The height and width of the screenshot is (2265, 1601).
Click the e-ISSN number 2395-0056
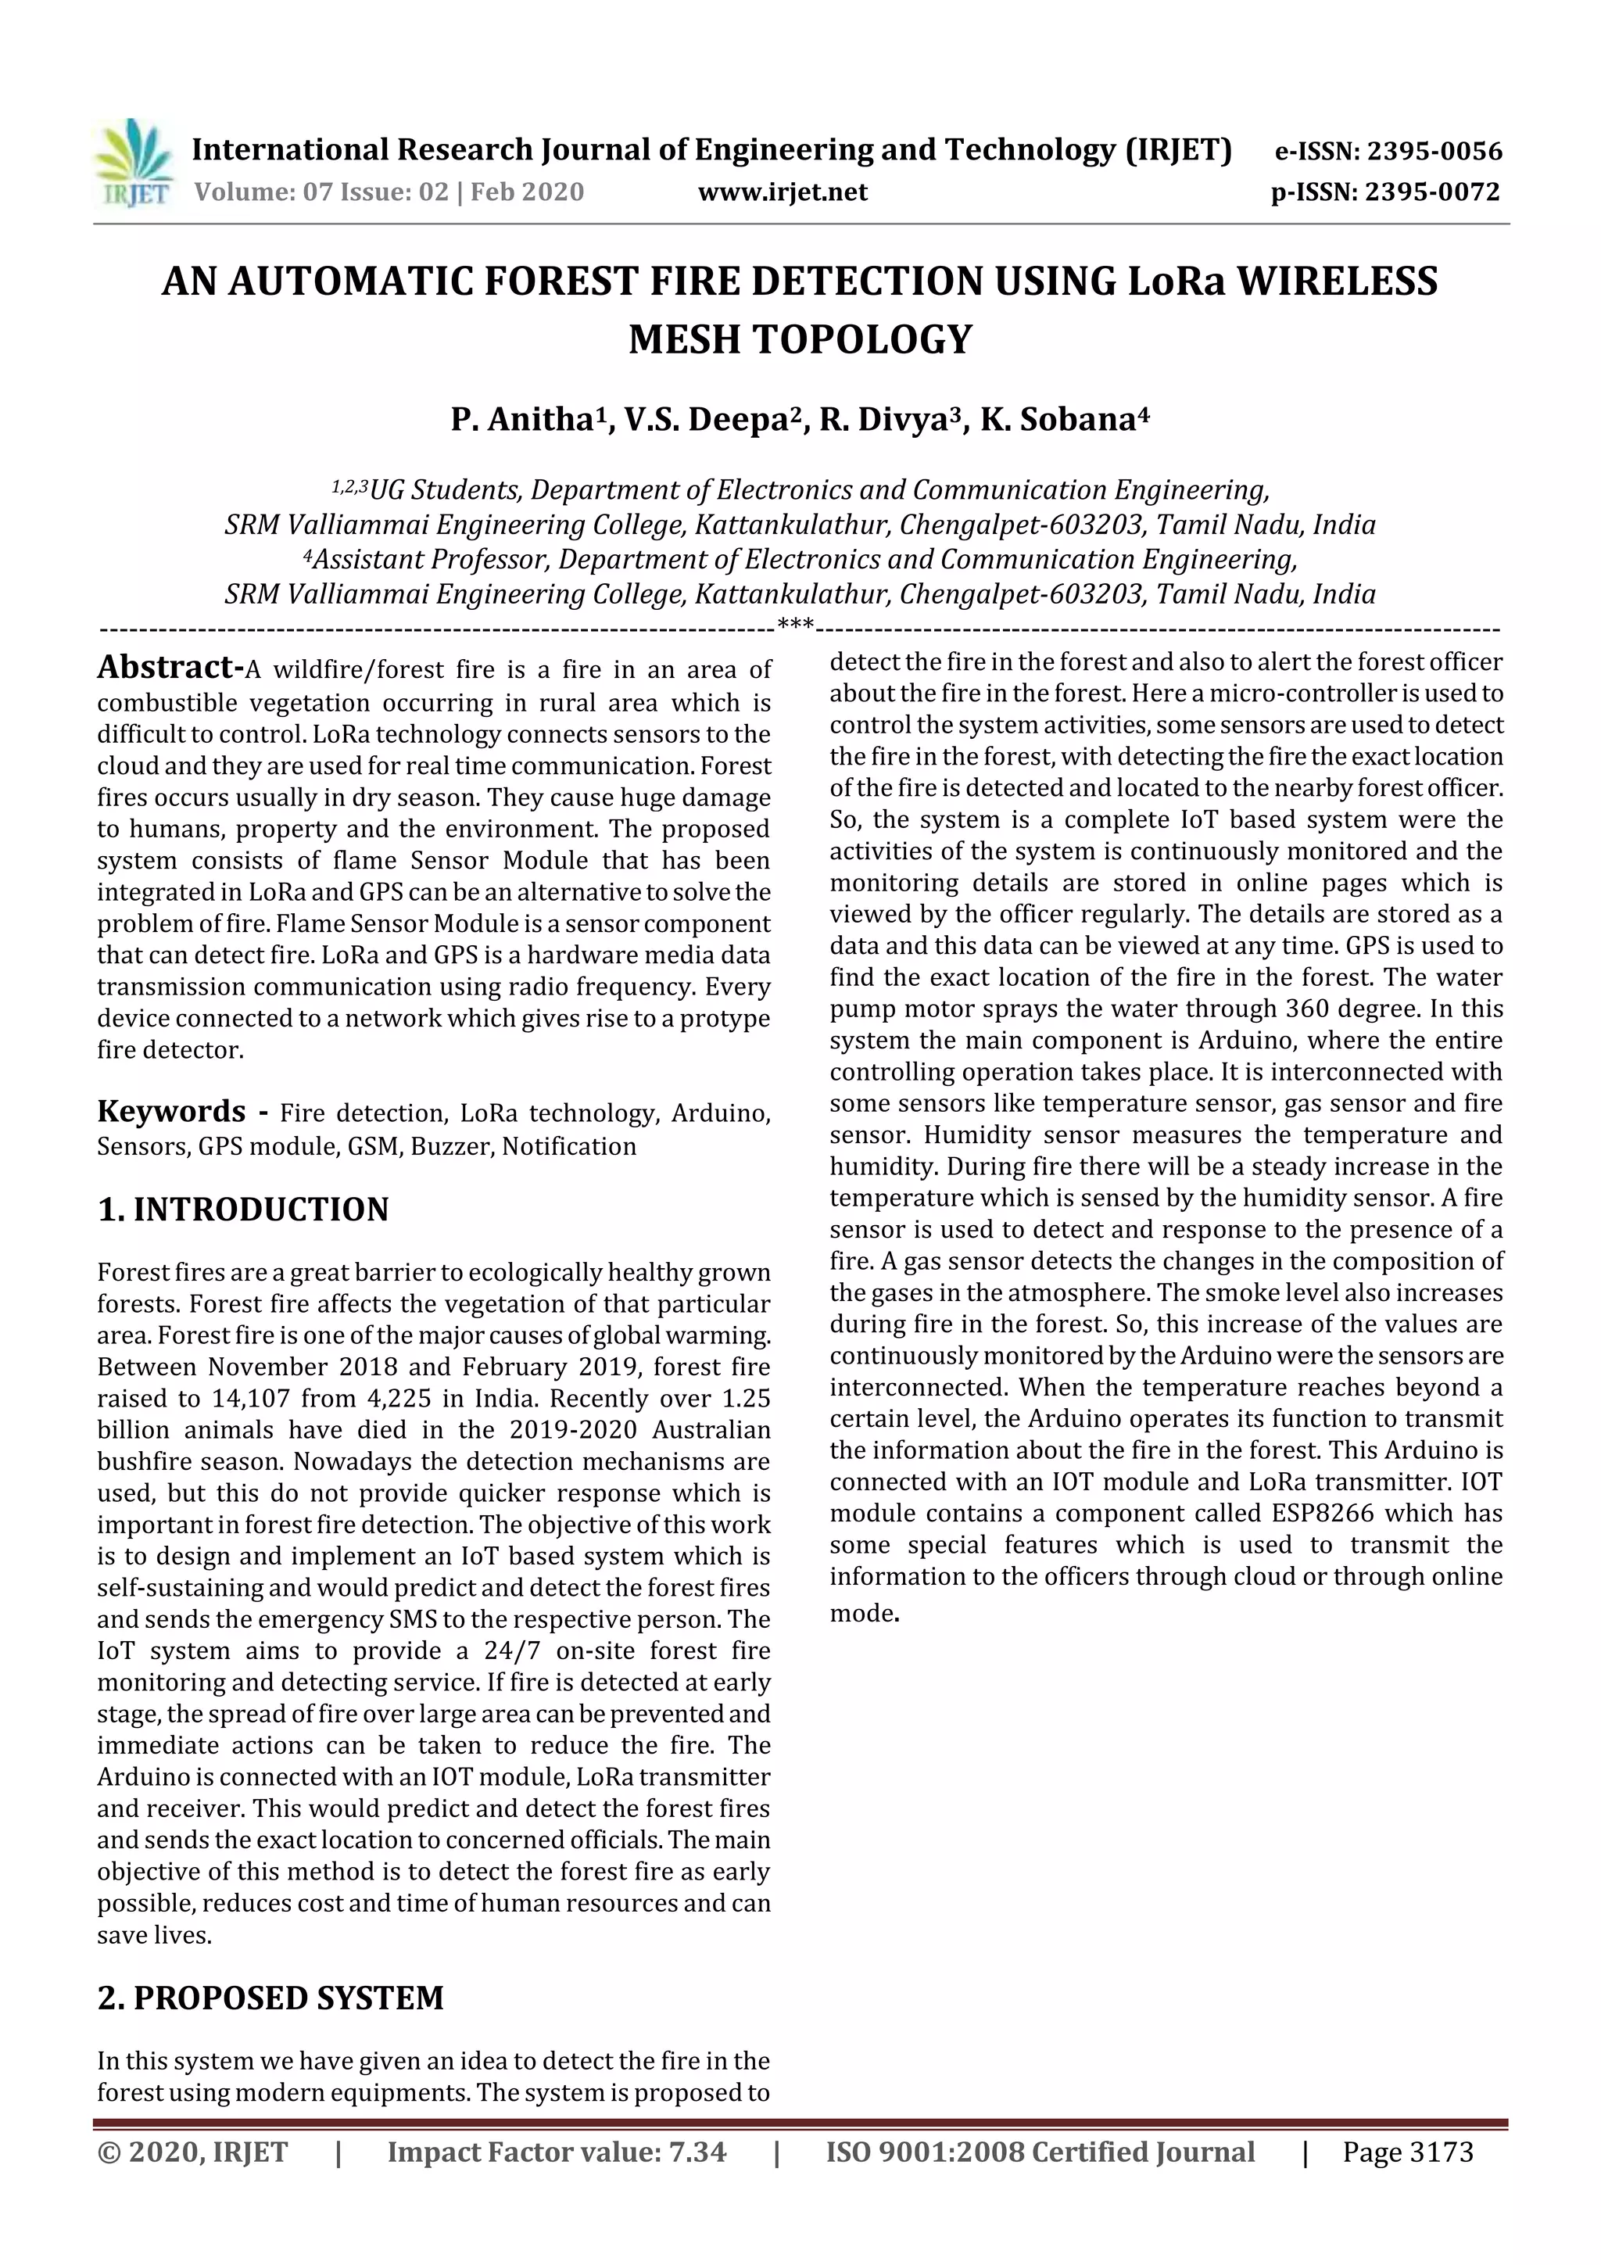tap(1434, 152)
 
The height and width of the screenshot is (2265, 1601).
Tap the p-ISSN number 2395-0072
tap(1432, 192)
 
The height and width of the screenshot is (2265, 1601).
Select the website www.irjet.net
tap(783, 192)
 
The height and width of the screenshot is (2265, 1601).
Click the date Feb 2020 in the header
tap(527, 192)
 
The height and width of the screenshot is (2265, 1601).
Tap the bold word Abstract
tap(170, 668)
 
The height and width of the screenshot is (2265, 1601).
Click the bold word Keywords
tap(172, 1112)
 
